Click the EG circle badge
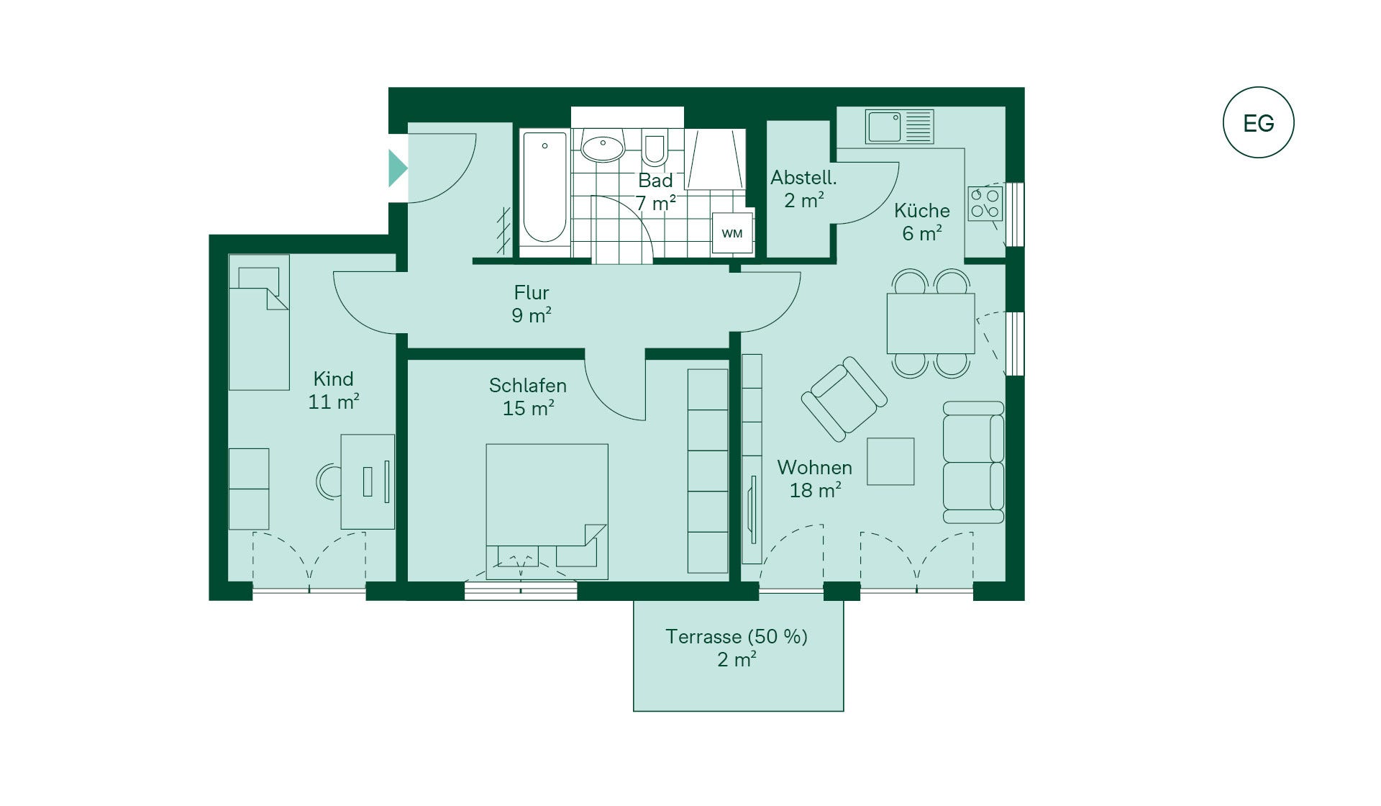point(1258,122)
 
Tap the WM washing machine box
point(732,232)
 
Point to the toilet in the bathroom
point(655,150)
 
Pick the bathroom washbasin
point(603,148)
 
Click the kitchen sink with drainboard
point(900,127)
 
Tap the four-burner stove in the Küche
point(985,204)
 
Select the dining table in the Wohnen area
point(931,323)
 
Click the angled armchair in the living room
point(844,399)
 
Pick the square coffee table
point(890,461)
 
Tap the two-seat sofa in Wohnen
point(973,462)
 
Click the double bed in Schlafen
point(547,511)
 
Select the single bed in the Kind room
point(259,322)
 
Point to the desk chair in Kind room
point(329,482)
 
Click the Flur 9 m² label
point(532,304)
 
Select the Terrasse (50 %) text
point(737,636)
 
